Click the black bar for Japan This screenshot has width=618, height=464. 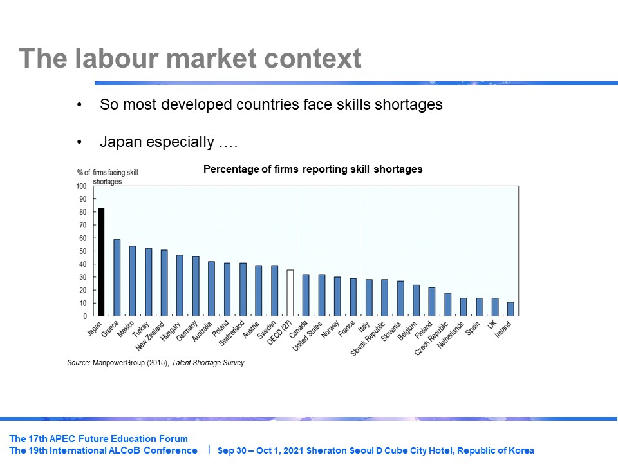(x=101, y=262)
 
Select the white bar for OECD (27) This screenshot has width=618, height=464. (x=290, y=293)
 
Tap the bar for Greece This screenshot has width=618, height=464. (x=117, y=278)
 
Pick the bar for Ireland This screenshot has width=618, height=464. (x=510, y=309)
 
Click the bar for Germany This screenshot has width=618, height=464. (x=196, y=286)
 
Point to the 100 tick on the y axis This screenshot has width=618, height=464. (x=81, y=186)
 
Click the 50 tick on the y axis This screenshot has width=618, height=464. (x=82, y=251)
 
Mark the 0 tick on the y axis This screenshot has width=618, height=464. (x=84, y=316)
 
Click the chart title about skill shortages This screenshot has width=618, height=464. (x=313, y=169)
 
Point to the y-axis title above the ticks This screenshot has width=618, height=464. (x=108, y=177)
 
